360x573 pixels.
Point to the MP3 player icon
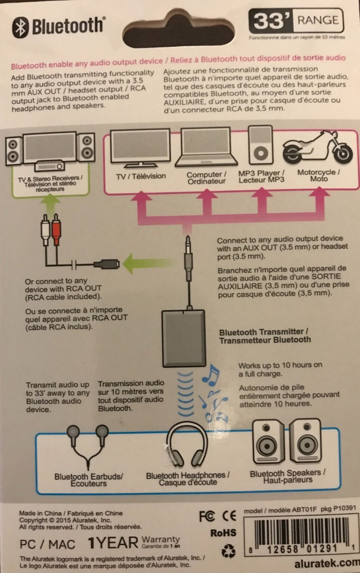[261, 147]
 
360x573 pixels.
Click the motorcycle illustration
[318, 148]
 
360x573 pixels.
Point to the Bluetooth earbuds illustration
[87, 447]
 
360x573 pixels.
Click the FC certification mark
[207, 516]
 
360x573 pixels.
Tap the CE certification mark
[230, 516]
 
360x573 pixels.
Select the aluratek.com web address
[328, 563]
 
